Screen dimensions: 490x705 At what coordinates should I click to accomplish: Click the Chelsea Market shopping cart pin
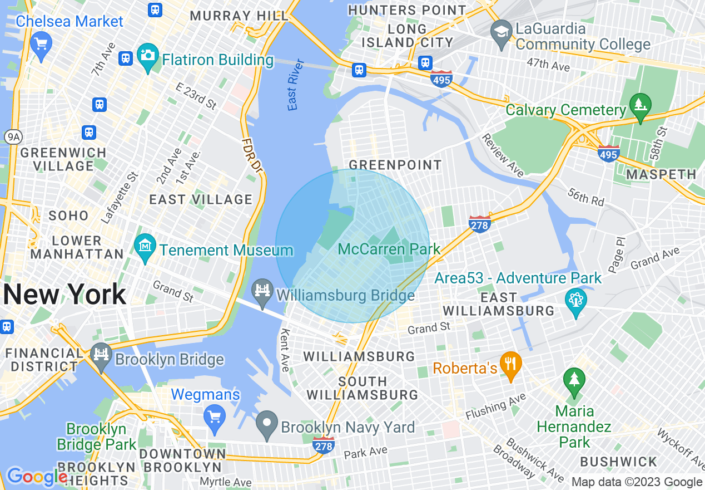pos(41,43)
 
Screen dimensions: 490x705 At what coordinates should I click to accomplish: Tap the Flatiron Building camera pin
pos(147,57)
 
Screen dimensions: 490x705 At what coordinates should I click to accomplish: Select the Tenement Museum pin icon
pos(145,246)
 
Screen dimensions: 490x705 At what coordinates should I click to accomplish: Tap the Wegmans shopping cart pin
pos(214,416)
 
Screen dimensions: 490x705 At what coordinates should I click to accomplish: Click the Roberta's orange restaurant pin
pos(510,364)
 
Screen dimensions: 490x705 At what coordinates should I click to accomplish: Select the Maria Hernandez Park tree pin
pos(574,381)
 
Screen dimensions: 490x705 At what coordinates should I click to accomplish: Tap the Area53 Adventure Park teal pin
pos(576,301)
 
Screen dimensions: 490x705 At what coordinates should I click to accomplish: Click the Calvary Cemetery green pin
pos(640,105)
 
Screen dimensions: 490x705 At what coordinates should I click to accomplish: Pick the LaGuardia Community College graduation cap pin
pos(502,32)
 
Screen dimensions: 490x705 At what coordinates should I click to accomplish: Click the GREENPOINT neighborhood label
pos(395,165)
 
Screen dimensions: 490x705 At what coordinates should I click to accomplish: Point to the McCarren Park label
pos(389,249)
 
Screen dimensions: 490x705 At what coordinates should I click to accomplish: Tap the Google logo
pos(37,477)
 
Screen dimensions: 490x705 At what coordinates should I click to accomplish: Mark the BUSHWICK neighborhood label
pos(618,462)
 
